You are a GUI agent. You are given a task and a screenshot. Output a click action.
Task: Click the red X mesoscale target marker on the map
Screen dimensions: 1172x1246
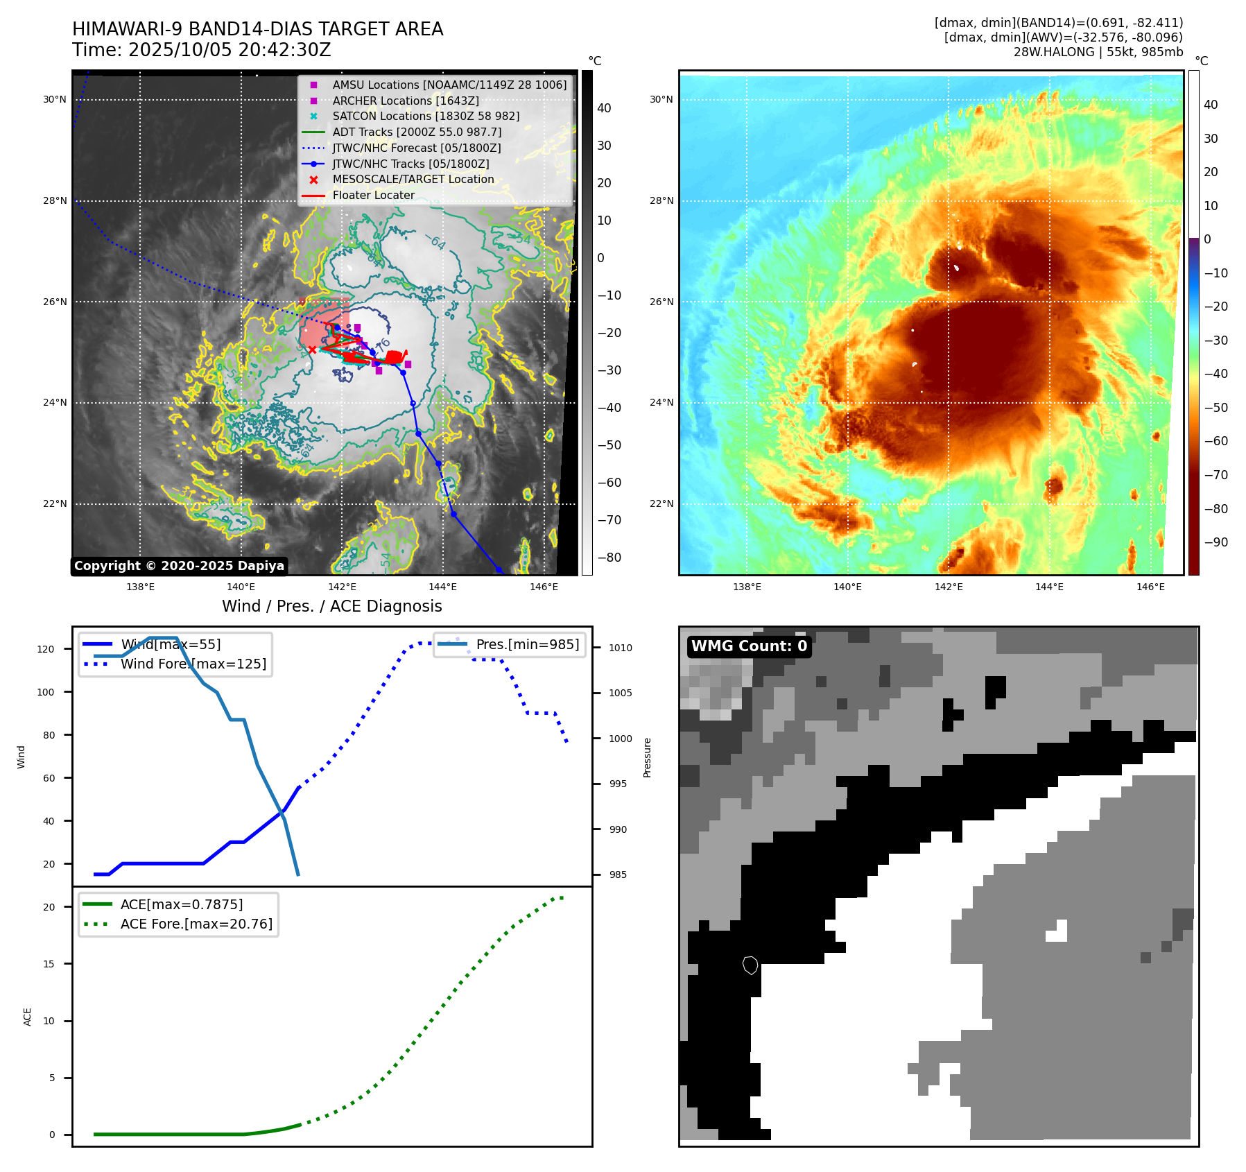pos(312,350)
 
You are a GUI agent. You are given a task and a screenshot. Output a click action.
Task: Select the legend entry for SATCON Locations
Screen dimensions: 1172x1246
pos(425,117)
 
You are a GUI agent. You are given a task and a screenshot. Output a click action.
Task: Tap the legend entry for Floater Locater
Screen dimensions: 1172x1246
pos(373,196)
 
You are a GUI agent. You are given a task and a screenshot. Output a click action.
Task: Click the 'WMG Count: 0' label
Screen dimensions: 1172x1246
pos(749,646)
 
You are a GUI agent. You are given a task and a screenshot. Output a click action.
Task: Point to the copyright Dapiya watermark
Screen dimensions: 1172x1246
pos(179,566)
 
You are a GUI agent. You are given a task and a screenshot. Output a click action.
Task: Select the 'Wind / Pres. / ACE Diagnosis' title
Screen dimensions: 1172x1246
pos(331,606)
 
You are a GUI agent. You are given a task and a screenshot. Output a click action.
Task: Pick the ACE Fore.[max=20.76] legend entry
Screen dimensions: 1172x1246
pos(196,924)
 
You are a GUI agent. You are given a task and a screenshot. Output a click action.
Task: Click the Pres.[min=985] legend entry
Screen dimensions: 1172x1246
pos(527,645)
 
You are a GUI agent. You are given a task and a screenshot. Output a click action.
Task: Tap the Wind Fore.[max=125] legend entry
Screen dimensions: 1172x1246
pos(193,664)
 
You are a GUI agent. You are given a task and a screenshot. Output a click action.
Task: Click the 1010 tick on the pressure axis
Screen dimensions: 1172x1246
pos(621,648)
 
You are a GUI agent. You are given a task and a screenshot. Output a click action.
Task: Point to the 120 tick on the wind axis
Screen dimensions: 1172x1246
pos(46,649)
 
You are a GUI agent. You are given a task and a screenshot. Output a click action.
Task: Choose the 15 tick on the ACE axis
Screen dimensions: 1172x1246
pos(49,964)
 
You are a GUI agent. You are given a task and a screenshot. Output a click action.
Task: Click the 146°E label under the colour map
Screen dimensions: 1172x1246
pos(1150,587)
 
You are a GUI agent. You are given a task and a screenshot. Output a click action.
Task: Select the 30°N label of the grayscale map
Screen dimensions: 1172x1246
pos(55,100)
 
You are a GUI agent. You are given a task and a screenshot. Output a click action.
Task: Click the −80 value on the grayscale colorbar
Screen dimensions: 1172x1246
pos(609,558)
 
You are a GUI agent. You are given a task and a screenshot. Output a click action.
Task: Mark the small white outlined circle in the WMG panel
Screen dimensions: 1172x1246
pos(750,965)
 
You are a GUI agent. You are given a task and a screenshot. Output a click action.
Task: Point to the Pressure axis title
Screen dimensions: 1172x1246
pos(647,757)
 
